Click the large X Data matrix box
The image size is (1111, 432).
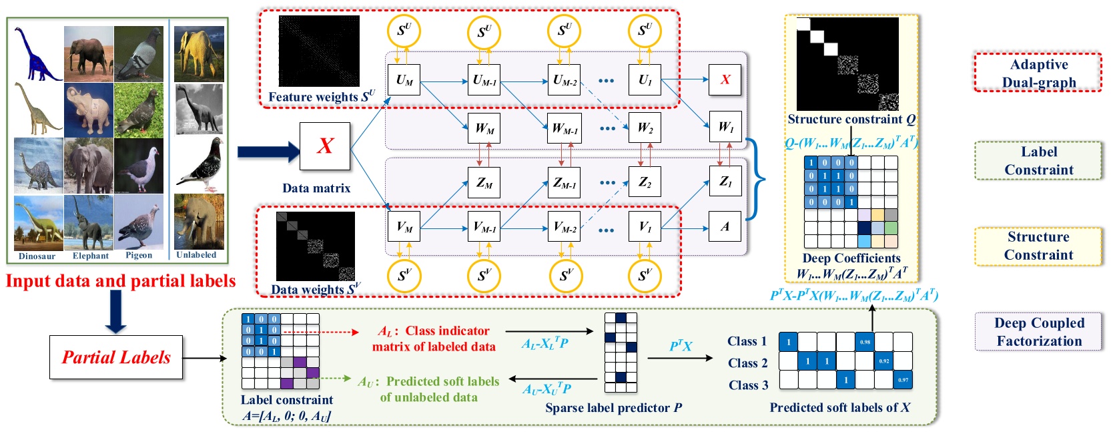325,146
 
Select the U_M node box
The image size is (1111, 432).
404,80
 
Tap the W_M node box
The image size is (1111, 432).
484,128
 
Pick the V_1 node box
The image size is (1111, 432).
645,227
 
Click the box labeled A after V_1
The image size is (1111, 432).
725,227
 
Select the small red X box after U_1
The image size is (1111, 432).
725,80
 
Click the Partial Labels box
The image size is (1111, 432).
116,358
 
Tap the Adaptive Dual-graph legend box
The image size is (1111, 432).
1038,73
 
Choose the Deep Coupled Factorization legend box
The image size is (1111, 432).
1038,332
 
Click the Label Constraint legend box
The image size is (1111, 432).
1038,161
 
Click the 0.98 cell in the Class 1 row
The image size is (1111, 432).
865,342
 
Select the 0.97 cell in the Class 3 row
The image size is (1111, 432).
903,380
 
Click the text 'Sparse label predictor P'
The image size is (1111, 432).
613,408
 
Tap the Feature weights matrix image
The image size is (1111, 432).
319,51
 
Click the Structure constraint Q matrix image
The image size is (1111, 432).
847,64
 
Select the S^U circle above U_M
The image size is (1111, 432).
404,31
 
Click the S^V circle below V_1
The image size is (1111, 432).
645,276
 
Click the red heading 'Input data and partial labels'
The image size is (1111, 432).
121,281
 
